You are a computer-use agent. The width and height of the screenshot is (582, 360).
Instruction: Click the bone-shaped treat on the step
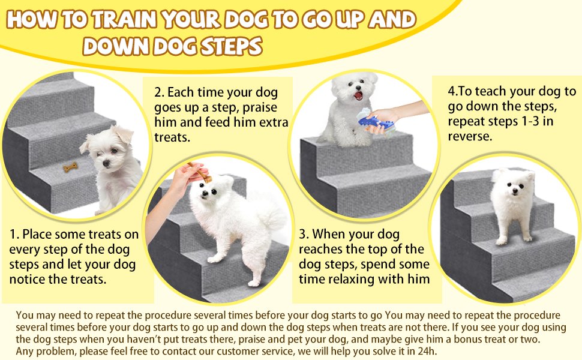point(71,169)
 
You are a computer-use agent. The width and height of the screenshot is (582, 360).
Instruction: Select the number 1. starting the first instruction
point(16,234)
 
